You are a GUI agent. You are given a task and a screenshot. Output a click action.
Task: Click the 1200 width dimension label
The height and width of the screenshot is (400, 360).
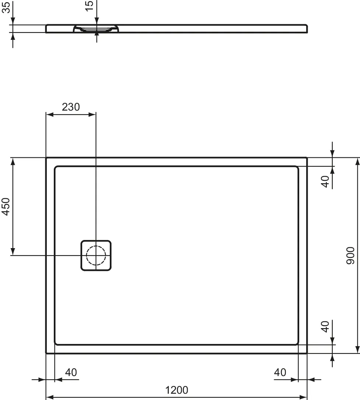[176, 390]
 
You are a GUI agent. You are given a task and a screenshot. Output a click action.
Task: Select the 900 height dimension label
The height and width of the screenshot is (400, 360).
[350, 255]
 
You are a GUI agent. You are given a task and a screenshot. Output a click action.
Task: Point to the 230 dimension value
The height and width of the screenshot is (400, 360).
[70, 107]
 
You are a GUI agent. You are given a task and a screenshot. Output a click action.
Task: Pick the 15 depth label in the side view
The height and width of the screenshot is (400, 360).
[90, 6]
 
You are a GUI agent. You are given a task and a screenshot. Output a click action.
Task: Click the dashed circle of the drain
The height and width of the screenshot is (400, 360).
[96, 255]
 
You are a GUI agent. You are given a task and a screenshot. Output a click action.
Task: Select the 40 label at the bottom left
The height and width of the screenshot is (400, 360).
[71, 372]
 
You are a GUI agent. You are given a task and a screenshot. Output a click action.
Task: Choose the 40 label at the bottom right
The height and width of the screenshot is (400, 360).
[280, 372]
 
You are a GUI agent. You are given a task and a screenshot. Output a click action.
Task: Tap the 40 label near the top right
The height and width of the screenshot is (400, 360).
[325, 181]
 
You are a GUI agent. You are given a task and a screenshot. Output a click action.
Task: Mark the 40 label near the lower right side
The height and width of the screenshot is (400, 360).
[325, 327]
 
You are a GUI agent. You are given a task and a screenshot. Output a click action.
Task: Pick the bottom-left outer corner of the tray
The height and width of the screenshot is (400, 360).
[46, 353]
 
